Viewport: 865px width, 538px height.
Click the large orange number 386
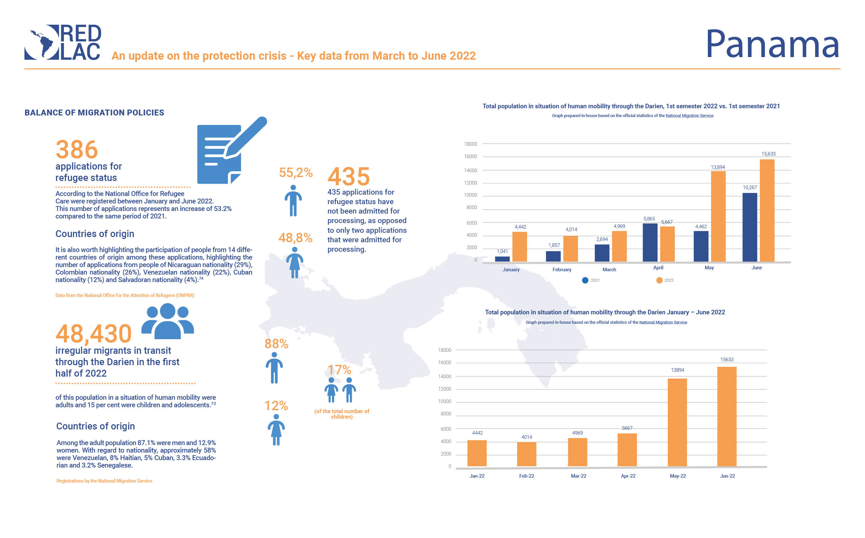coord(77,149)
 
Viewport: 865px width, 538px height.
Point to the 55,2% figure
coord(295,172)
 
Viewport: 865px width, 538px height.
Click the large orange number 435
coord(348,176)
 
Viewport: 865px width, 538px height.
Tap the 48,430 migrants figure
coord(94,334)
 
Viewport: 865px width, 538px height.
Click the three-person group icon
coord(168,321)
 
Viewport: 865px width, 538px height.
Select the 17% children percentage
coord(339,370)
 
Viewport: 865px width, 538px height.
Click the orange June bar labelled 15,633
coord(767,211)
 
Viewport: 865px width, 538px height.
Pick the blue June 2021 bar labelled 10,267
coord(749,227)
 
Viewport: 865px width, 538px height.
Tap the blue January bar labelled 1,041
coord(502,259)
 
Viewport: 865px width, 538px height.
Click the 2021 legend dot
coord(585,280)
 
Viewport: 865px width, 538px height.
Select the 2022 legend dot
coord(659,280)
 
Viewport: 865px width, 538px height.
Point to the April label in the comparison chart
coord(658,268)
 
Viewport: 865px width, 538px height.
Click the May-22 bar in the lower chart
coord(677,422)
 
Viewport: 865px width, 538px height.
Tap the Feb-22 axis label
coord(526,476)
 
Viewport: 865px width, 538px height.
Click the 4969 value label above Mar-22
coord(577,433)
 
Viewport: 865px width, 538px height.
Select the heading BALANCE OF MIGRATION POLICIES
coord(94,113)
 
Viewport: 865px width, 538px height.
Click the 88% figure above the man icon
coord(276,344)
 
